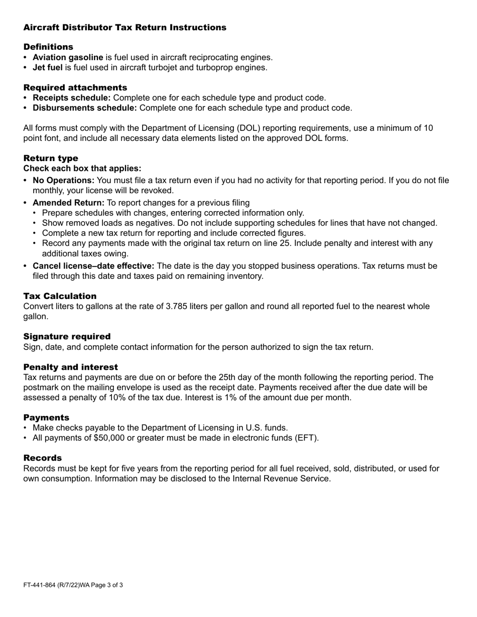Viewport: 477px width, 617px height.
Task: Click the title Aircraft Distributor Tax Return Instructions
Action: click(125, 28)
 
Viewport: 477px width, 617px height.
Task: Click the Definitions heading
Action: click(48, 47)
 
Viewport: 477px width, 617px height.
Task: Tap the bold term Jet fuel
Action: click(48, 67)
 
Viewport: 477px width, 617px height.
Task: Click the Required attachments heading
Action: click(75, 88)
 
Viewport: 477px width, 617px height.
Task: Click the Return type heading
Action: click(51, 159)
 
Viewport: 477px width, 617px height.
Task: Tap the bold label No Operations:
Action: click(63, 181)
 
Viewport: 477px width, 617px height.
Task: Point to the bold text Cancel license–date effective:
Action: click(93, 266)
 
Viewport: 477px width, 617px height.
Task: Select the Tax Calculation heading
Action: click(60, 296)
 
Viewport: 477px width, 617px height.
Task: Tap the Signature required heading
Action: click(67, 337)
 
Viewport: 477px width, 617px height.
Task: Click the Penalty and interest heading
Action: click(70, 367)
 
